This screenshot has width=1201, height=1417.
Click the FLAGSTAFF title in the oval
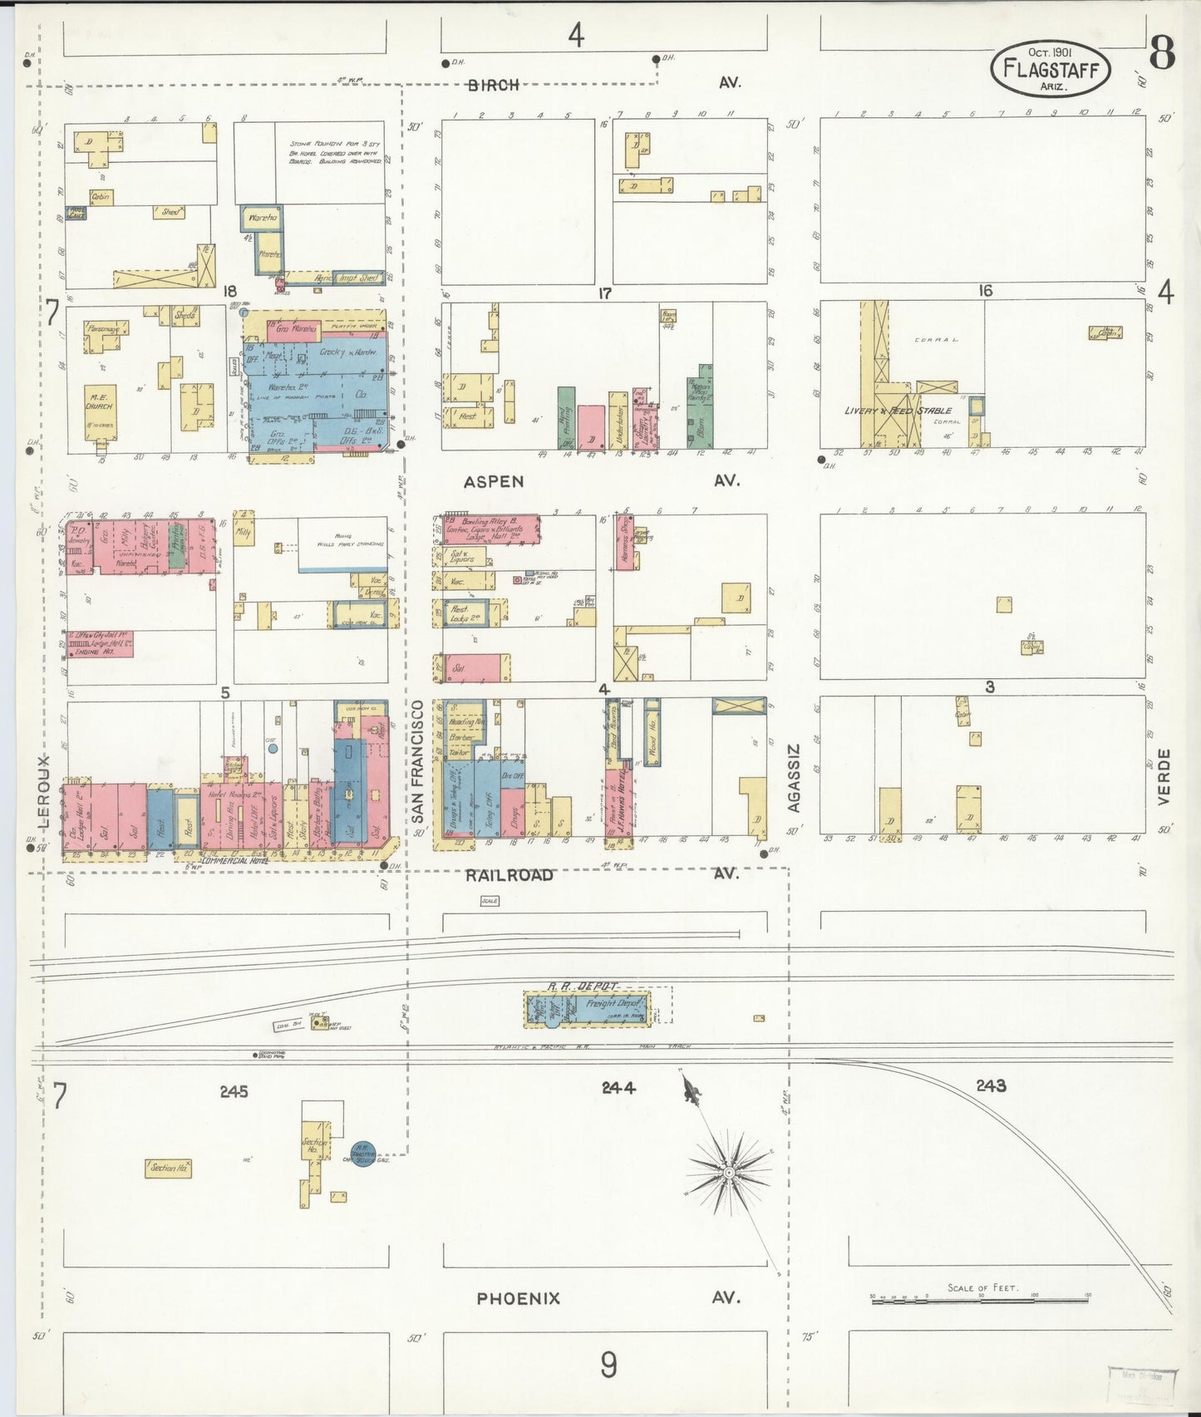click(x=1051, y=68)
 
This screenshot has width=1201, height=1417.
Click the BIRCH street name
click(x=493, y=84)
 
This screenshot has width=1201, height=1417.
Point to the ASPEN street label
click(x=494, y=481)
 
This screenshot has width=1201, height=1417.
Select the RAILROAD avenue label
click(x=509, y=874)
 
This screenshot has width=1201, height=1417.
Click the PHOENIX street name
click(x=518, y=1297)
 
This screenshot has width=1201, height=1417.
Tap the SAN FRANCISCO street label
click(x=417, y=761)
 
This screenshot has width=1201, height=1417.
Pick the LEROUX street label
click(x=44, y=791)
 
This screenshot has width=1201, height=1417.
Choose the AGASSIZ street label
click(x=794, y=777)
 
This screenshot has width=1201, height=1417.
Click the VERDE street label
click(x=1164, y=776)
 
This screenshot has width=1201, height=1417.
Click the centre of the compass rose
click(x=728, y=1173)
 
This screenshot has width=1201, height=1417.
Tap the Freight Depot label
click(x=613, y=1003)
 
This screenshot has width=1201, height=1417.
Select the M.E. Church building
click(x=99, y=411)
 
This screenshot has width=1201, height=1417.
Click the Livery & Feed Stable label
click(x=898, y=411)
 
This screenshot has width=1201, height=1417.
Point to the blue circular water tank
click(x=362, y=1153)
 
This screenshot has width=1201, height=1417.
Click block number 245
click(x=234, y=1091)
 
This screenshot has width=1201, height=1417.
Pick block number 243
click(x=991, y=1085)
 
